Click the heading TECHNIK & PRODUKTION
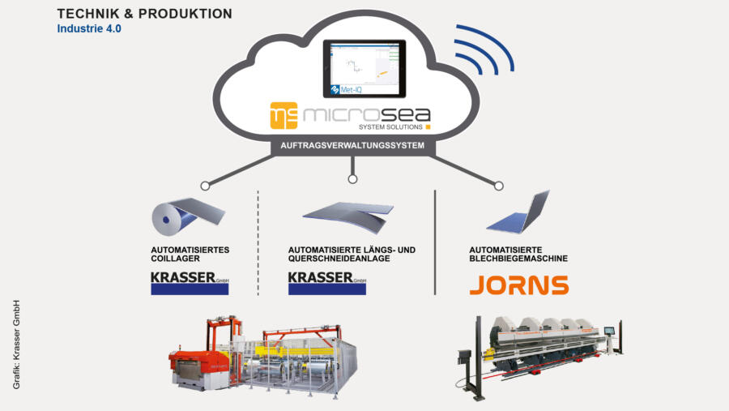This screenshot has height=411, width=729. (x=145, y=14)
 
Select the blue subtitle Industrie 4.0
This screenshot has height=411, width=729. (x=89, y=28)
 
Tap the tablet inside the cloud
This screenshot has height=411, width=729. (x=363, y=68)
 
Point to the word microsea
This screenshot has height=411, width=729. (x=366, y=115)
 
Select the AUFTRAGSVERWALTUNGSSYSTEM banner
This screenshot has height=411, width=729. (x=352, y=148)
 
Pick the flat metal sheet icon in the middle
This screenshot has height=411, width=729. (x=348, y=213)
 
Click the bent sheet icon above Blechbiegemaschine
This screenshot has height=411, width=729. (x=518, y=212)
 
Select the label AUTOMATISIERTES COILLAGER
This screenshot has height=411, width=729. (x=191, y=254)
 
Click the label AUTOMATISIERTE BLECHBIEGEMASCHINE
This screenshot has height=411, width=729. (x=518, y=254)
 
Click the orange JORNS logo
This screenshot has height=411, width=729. (x=518, y=285)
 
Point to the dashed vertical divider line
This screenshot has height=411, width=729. (x=258, y=243)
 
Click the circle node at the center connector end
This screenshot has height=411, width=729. (x=352, y=179)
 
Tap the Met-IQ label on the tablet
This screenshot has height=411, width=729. (x=348, y=92)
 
